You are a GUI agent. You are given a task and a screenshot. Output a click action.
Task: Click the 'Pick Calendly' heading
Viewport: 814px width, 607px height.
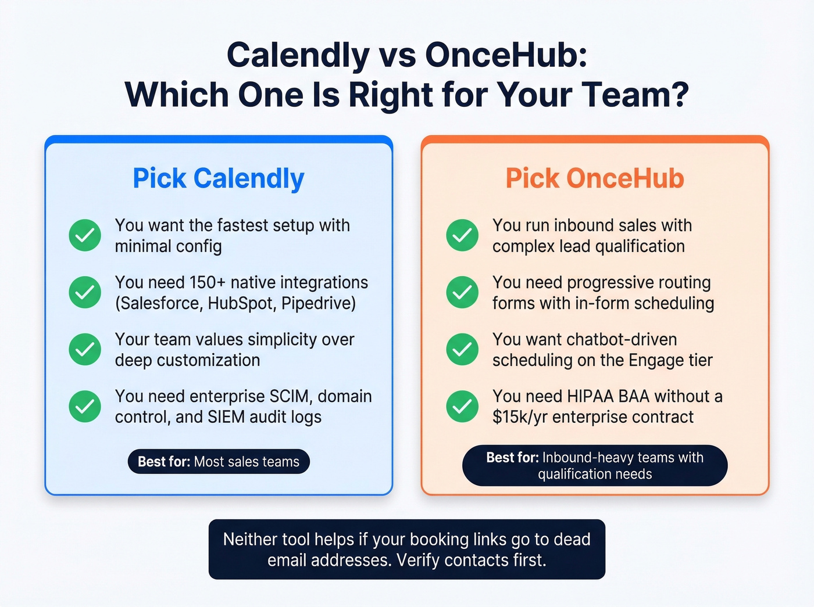click(x=219, y=178)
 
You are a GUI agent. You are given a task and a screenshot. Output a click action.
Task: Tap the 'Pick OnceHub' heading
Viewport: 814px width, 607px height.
click(x=594, y=178)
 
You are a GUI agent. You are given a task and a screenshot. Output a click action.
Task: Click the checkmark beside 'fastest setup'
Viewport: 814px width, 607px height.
click(x=85, y=235)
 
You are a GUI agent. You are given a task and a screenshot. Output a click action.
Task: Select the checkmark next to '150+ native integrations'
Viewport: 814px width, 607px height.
click(x=85, y=292)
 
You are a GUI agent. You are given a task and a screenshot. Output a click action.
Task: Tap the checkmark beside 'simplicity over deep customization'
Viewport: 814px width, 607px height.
click(x=85, y=349)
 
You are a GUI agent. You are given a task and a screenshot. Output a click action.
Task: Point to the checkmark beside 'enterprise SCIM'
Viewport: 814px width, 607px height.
click(x=85, y=406)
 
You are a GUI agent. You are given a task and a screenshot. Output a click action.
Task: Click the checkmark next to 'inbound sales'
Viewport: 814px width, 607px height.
click(x=462, y=235)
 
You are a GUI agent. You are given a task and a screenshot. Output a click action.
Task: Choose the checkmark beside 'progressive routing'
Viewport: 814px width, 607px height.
click(x=462, y=292)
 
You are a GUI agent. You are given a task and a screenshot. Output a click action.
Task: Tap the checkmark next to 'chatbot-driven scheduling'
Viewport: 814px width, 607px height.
click(x=462, y=349)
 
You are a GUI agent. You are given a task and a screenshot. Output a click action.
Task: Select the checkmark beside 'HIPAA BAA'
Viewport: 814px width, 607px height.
click(x=462, y=406)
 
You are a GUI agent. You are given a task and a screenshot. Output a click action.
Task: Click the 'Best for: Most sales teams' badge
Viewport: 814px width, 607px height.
click(x=219, y=462)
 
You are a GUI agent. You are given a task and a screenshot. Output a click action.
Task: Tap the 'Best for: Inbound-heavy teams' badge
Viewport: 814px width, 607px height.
click(x=594, y=465)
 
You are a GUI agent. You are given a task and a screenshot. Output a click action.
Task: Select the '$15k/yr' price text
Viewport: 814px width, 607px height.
click(x=520, y=417)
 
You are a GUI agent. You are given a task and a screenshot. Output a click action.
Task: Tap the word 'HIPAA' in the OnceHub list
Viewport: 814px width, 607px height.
click(x=590, y=396)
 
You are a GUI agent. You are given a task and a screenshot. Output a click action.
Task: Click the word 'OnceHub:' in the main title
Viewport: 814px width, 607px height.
click(x=506, y=55)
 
